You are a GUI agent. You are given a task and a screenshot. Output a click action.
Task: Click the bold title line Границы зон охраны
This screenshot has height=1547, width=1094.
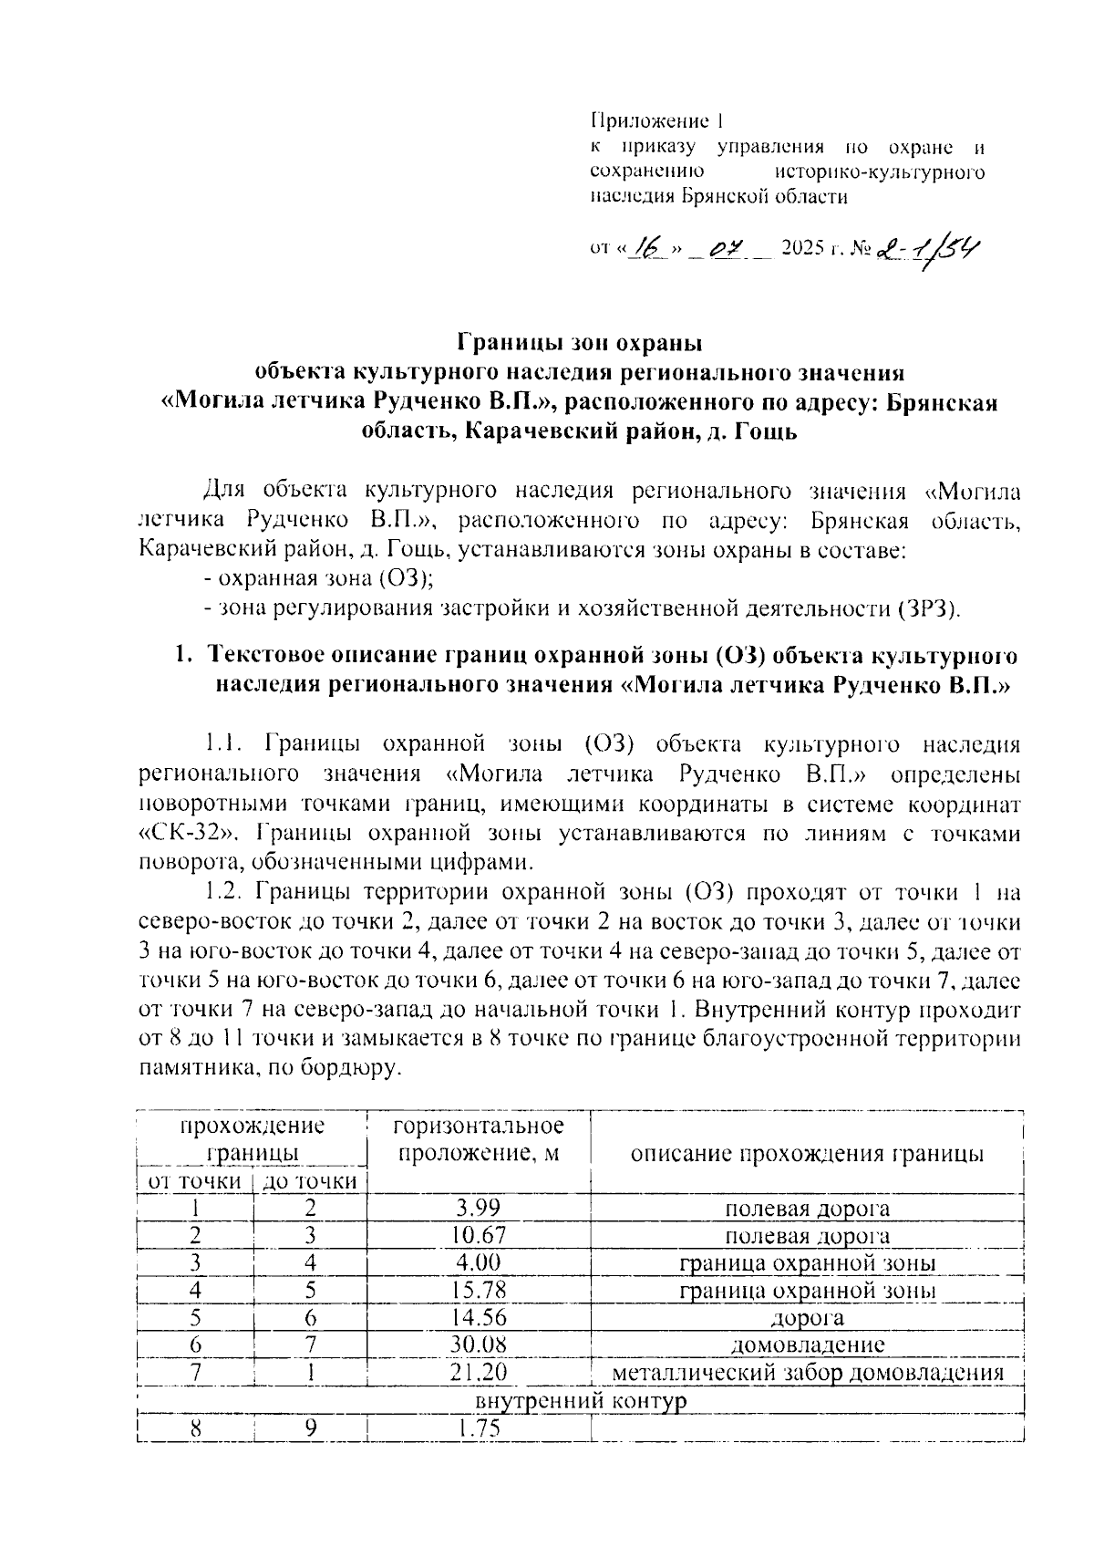point(580,345)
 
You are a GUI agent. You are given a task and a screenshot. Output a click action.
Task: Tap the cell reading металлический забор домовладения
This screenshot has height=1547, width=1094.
point(807,1373)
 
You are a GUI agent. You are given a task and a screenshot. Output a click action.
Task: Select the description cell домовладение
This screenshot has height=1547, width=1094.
point(807,1345)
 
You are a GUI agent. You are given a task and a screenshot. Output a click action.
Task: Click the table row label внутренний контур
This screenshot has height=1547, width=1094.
point(580,1400)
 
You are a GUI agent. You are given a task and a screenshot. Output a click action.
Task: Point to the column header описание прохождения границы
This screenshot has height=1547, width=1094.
point(807,1154)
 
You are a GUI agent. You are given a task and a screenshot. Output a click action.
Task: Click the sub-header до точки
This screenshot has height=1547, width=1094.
point(309,1182)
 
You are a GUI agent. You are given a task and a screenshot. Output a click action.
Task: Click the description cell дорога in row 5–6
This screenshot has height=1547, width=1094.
point(807,1318)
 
